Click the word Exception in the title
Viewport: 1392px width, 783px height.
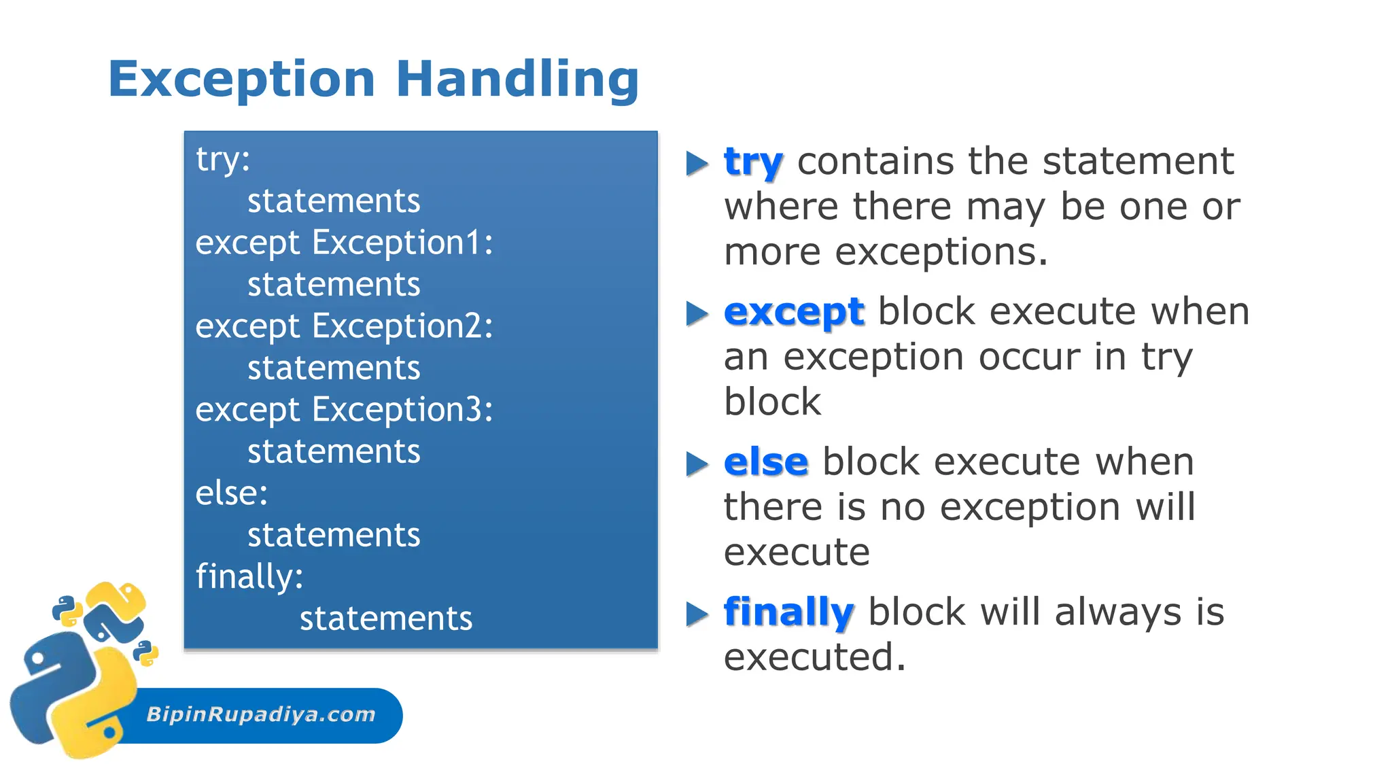click(x=241, y=80)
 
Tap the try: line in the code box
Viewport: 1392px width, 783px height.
click(x=223, y=160)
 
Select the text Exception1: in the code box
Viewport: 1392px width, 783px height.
click(x=402, y=243)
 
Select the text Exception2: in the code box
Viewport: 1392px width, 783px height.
click(x=402, y=326)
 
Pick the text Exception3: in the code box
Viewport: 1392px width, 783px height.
click(x=402, y=410)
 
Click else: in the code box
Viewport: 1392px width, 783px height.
click(x=232, y=493)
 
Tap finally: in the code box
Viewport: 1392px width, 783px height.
click(x=249, y=576)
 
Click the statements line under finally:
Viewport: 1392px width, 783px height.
click(x=386, y=619)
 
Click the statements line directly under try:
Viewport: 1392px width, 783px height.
click(x=334, y=201)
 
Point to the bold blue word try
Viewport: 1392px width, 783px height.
click(x=753, y=162)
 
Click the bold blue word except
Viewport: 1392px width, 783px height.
click(x=794, y=312)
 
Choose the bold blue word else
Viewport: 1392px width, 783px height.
click(x=766, y=462)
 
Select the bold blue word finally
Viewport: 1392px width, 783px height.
click(x=788, y=612)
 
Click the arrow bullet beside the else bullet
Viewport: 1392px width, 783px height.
click(x=697, y=464)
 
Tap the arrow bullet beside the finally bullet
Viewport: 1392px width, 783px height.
click(x=697, y=614)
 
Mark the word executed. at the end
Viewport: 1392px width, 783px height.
click(x=815, y=657)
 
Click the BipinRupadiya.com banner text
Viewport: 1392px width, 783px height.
click(x=261, y=714)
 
